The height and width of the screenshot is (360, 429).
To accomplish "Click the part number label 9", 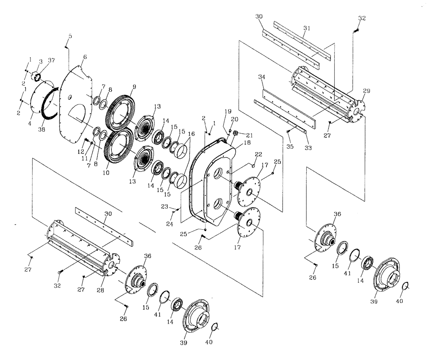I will point(134,86).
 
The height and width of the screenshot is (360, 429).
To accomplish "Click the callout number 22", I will point(259,154).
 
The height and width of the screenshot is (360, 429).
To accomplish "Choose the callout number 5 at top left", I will point(70,36).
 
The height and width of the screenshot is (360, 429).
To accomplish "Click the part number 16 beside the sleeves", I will point(191,134).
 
